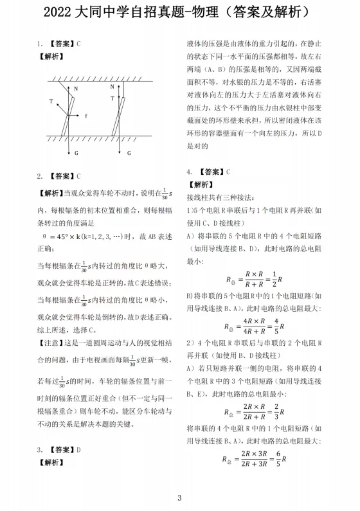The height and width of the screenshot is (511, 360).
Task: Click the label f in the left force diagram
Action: (85, 116)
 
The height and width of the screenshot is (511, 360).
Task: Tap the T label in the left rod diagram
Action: (51, 101)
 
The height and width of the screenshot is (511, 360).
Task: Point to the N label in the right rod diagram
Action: (112, 85)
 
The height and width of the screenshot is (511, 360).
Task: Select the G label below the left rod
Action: (76, 153)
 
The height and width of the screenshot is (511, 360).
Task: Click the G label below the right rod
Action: (129, 153)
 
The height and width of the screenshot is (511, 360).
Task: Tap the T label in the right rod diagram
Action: (112, 98)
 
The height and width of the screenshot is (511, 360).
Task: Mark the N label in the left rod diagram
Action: (75, 88)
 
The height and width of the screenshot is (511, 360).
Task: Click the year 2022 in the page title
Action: (62, 12)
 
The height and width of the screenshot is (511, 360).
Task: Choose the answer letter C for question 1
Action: (78, 44)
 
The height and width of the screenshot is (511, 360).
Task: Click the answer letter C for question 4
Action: (228, 172)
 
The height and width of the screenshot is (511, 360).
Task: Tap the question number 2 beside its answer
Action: (39, 175)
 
